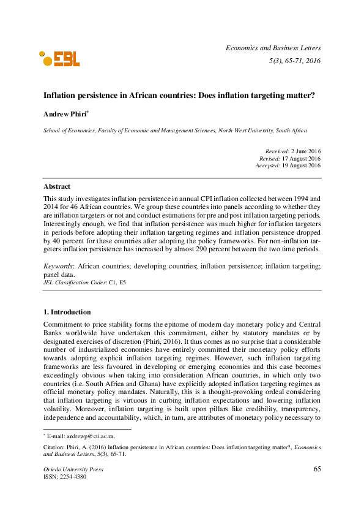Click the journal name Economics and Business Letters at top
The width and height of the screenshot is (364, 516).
pos(273,47)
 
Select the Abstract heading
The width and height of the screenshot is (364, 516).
pos(56,186)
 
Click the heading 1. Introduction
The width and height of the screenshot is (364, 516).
pos(67,312)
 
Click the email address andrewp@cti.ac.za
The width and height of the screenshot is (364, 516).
pos(76,434)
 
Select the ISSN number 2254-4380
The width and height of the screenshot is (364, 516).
pos(76,477)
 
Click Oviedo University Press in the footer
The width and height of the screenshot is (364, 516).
pos(73,469)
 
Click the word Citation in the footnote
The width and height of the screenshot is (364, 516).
pos(53,447)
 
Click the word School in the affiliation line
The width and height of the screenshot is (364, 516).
pos(51,131)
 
